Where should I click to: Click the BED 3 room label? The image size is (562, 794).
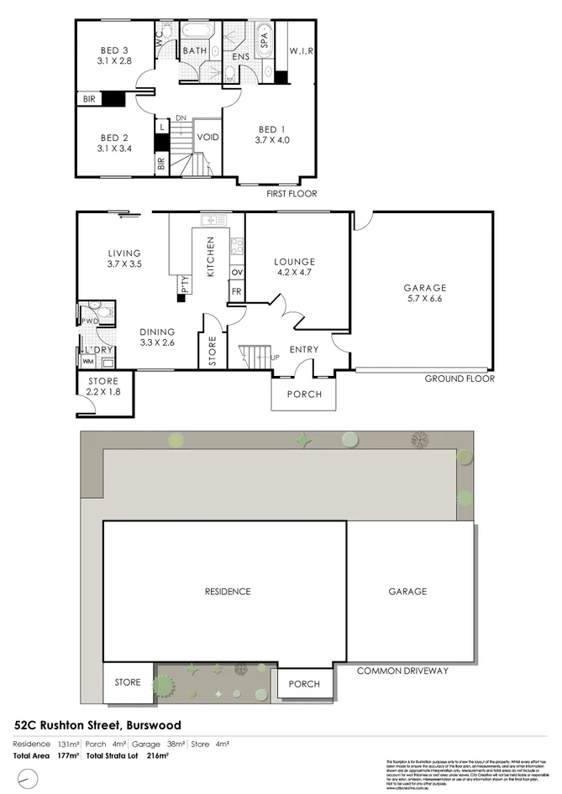coord(113,50)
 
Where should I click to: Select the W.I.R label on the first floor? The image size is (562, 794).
coord(302,50)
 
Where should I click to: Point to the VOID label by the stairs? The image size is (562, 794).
coord(207,137)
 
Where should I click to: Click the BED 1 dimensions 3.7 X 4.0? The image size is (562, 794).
coord(273,140)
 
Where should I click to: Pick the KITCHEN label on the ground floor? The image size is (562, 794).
coord(211,257)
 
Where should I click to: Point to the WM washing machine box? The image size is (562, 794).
coord(87,362)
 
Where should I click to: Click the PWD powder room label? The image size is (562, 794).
coord(89,321)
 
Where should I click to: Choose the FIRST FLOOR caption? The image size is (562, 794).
coord(291,193)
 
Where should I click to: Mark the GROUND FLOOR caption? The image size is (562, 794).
coord(459,379)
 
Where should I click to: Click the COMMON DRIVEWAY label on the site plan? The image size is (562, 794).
coord(402,671)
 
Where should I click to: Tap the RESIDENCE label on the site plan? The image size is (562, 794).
coord(228,591)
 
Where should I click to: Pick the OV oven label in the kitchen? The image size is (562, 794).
coord(236,273)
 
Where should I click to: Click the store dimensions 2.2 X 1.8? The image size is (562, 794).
coord(103,392)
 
